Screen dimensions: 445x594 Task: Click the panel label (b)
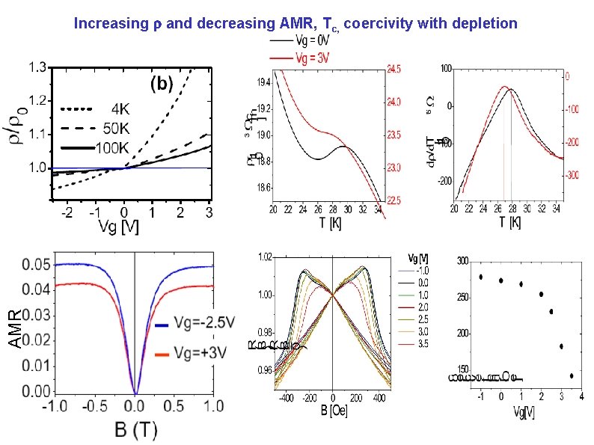(165, 83)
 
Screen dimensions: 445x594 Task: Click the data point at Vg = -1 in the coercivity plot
(481, 277)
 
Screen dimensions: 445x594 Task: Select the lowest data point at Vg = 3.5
(572, 375)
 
